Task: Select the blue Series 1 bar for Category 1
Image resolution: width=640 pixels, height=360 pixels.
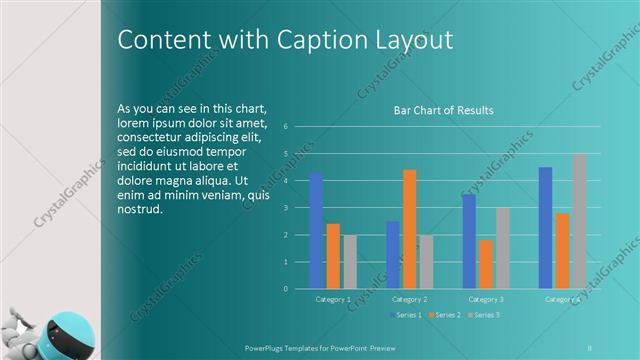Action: point(316,230)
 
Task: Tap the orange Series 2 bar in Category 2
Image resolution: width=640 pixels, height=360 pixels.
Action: point(410,229)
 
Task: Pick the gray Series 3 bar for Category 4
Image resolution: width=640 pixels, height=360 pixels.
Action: point(580,221)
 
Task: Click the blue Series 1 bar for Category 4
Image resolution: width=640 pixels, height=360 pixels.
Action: point(545,228)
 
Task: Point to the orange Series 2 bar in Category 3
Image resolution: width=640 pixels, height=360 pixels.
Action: point(486,264)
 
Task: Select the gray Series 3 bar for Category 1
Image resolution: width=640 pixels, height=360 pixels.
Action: point(350,262)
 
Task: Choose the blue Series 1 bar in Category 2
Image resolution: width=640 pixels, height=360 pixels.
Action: point(393,255)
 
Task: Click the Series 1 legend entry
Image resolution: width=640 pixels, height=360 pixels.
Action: point(404,315)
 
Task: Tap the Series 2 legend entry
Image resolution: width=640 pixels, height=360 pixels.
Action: point(444,315)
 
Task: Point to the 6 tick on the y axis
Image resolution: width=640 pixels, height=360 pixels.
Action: point(286,127)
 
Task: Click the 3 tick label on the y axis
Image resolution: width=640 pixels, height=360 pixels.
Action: point(286,208)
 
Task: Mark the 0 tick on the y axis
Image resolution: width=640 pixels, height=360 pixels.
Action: point(286,289)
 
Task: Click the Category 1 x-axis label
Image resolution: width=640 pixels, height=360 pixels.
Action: point(333,299)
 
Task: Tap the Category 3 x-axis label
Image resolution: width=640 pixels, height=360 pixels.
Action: point(486,299)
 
